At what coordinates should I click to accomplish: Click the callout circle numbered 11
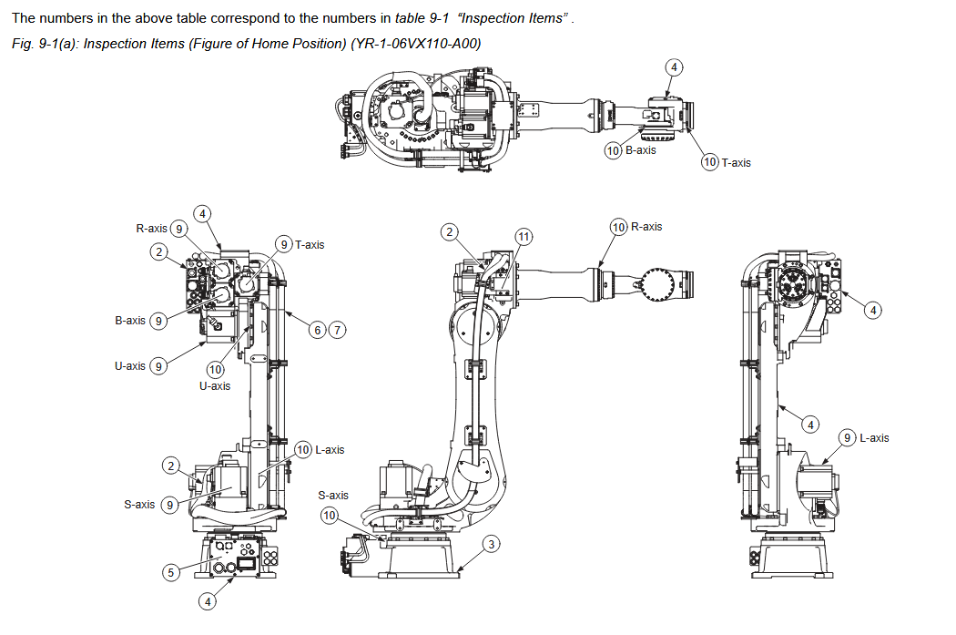point(523,236)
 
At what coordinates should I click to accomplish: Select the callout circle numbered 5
point(170,572)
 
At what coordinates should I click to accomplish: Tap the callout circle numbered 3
point(491,544)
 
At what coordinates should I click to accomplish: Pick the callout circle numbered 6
point(318,330)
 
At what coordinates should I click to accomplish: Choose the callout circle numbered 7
point(337,330)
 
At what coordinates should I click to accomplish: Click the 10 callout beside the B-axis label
point(613,150)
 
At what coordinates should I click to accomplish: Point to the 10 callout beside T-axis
point(710,162)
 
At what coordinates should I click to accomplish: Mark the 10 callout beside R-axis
point(618,227)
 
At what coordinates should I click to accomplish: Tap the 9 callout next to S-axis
point(169,505)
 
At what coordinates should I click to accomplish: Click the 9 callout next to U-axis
point(158,366)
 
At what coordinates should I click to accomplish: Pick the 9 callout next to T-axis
point(284,244)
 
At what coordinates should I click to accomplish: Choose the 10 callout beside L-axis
point(303,450)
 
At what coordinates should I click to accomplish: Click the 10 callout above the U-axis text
point(215,370)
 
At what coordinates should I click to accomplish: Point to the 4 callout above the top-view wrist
point(674,67)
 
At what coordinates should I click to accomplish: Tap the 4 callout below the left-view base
point(208,601)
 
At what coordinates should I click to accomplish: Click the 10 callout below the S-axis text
point(330,517)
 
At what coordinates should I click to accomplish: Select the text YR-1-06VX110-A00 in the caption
point(418,44)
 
